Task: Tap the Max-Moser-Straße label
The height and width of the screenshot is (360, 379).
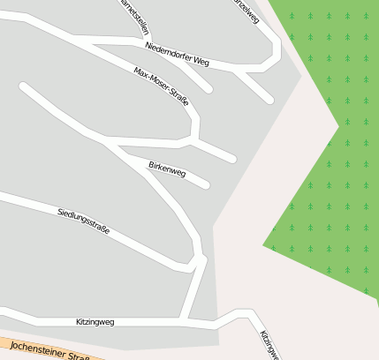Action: pyautogui.click(x=161, y=86)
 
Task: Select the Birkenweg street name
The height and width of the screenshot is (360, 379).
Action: pyautogui.click(x=167, y=169)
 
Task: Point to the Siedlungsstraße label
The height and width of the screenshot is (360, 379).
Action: pyautogui.click(x=83, y=221)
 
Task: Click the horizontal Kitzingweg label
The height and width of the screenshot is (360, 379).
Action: pyautogui.click(x=95, y=322)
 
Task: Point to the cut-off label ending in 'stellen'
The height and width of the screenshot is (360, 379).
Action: pyautogui.click(x=133, y=15)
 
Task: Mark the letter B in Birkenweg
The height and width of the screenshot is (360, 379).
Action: pyautogui.click(x=151, y=164)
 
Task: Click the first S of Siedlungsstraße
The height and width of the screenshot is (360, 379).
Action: pyautogui.click(x=59, y=212)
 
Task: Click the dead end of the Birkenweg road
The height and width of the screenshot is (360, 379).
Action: pyautogui.click(x=206, y=184)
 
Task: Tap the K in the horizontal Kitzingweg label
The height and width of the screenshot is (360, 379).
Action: pyautogui.click(x=79, y=322)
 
